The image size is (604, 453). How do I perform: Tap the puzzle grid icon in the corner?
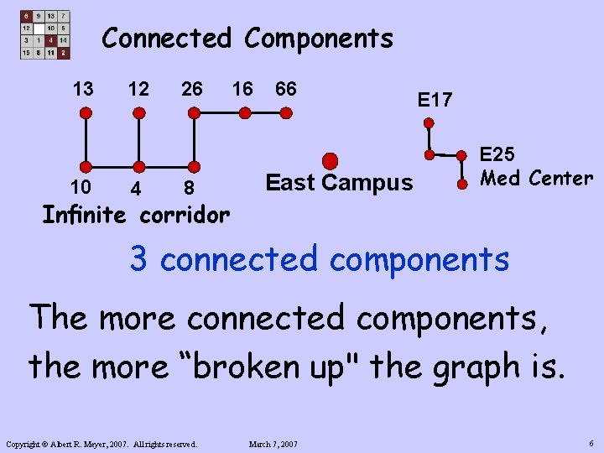(44, 34)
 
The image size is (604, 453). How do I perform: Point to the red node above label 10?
(85, 166)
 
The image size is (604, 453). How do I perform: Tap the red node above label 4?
(139, 166)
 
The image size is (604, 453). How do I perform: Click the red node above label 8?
(193, 166)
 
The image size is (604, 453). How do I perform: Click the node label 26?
(192, 88)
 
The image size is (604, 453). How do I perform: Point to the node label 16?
(242, 88)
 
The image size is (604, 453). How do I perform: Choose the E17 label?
(435, 101)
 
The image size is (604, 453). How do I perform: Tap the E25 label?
(497, 155)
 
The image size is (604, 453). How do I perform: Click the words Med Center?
(535, 178)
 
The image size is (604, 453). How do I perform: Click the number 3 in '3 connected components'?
(138, 260)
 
